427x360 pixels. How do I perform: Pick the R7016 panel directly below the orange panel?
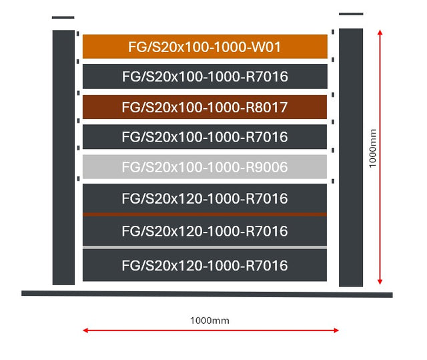tap(205, 76)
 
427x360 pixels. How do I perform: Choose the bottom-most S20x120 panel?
tap(205, 265)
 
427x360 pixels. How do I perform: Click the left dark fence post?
tap(63, 157)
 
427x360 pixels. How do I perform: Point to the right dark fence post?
tap(351, 157)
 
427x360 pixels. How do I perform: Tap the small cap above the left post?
tap(63, 17)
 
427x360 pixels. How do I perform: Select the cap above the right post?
tap(351, 13)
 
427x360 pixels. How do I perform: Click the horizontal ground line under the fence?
tap(207, 293)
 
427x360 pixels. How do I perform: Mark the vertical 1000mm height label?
tap(373, 148)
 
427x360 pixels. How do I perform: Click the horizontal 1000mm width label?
tap(209, 320)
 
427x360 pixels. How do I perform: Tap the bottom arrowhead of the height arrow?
tap(380, 282)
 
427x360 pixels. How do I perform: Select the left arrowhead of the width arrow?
tap(85, 330)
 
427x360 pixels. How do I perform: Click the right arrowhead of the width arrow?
tap(337, 330)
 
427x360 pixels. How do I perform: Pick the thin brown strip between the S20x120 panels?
tap(205, 214)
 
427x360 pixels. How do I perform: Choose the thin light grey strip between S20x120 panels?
tap(205, 247)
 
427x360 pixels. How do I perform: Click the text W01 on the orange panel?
tap(263, 47)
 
